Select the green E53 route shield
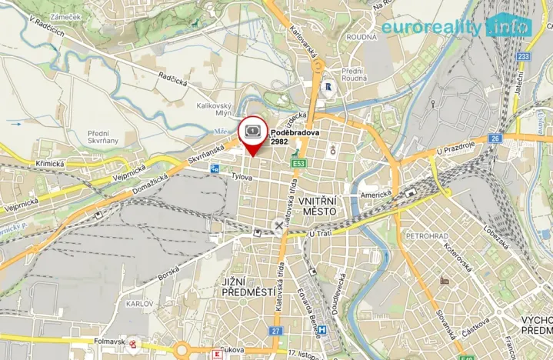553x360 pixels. tap(297, 164)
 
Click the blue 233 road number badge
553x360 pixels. tap(524, 56)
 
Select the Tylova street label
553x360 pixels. tap(243, 176)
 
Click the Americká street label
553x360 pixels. tap(377, 194)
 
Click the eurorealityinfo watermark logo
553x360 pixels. tap(457, 26)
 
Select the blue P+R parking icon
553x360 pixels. tap(215, 167)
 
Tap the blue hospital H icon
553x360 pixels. tap(323, 332)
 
